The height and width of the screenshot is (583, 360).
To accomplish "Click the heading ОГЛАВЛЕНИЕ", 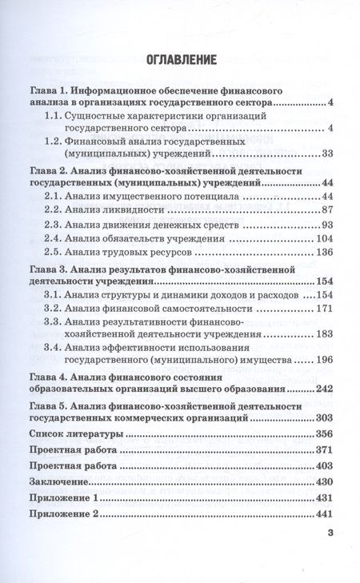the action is coord(180,58).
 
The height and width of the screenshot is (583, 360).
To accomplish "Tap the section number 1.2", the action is coord(55,141).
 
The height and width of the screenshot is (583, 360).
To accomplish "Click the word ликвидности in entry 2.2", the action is coord(118,209).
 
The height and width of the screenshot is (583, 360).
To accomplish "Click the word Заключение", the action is coord(60,481).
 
